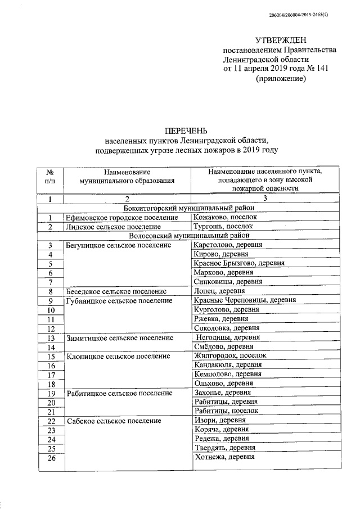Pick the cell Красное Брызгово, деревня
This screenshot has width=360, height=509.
[x=238, y=263]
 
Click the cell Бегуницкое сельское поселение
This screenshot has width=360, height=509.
[x=118, y=245]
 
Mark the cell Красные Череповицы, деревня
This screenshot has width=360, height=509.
[x=244, y=300]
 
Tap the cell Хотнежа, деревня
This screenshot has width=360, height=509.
[x=224, y=457]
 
